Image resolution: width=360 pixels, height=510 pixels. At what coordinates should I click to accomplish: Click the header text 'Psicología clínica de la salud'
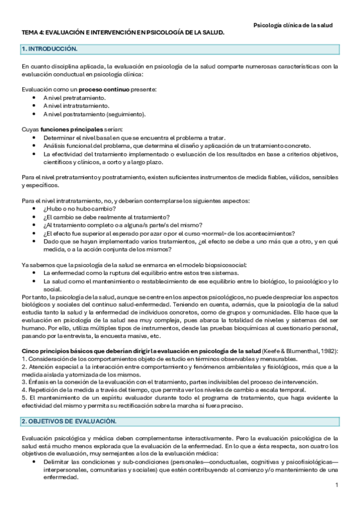point(293,25)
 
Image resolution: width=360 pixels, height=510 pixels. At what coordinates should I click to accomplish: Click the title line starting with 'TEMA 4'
point(123,34)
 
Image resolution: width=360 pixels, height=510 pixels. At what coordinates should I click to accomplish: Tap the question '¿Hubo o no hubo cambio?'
point(79,208)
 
